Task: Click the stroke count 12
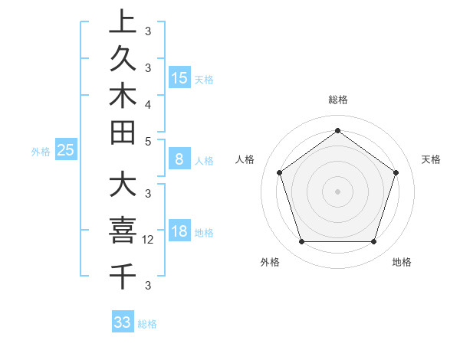(149, 240)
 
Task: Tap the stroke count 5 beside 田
(148, 141)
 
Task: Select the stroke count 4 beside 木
(148, 103)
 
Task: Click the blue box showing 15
(179, 78)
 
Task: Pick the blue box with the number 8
(179, 159)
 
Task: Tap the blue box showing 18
(179, 232)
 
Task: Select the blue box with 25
(66, 150)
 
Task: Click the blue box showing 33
(122, 322)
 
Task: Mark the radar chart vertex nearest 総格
(337, 130)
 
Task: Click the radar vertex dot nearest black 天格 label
(396, 172)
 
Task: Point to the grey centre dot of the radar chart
(337, 191)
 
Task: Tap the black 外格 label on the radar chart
(270, 262)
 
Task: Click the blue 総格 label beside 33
(147, 324)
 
